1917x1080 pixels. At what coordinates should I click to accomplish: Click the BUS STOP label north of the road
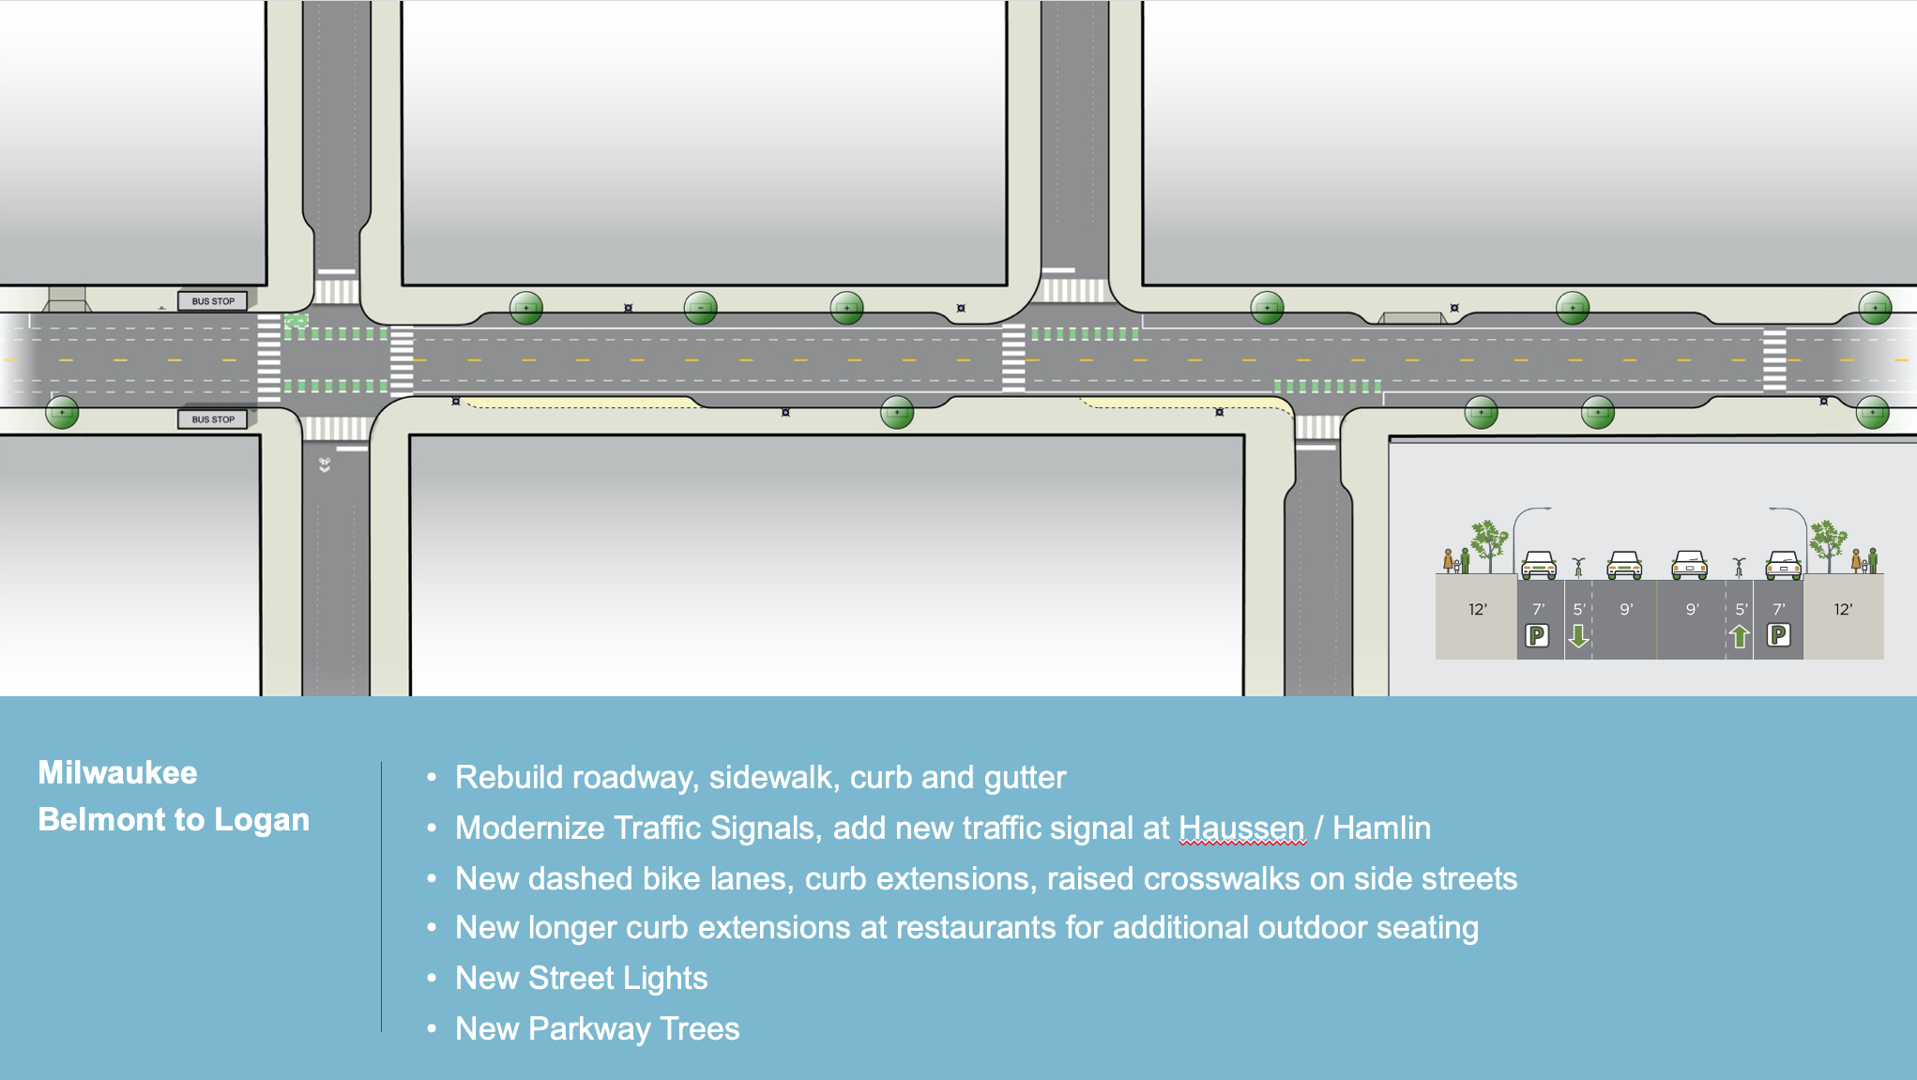[213, 301]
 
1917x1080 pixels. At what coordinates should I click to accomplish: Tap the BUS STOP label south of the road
[213, 419]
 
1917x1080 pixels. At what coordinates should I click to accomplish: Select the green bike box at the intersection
[297, 321]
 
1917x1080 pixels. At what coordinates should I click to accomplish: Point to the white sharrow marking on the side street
[325, 464]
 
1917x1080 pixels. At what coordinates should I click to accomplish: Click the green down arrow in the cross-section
[1579, 636]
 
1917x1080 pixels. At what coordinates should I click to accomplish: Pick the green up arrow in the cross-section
[1740, 636]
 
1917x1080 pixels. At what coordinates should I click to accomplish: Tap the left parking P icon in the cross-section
[1537, 636]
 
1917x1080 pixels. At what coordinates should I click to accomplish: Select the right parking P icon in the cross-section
[1778, 636]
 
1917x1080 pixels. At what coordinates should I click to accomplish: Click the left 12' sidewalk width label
[1477, 610]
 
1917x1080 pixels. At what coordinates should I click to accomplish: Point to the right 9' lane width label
[1693, 610]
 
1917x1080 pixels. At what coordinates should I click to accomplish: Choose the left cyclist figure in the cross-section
[1579, 567]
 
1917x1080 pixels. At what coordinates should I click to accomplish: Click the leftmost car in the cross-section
[1539, 565]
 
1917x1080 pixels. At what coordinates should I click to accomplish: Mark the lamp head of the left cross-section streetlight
[1544, 509]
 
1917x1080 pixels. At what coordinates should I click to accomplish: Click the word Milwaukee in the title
[118, 772]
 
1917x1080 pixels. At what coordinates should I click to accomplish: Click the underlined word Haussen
[1241, 828]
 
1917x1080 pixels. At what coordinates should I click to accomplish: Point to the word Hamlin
[1381, 828]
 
